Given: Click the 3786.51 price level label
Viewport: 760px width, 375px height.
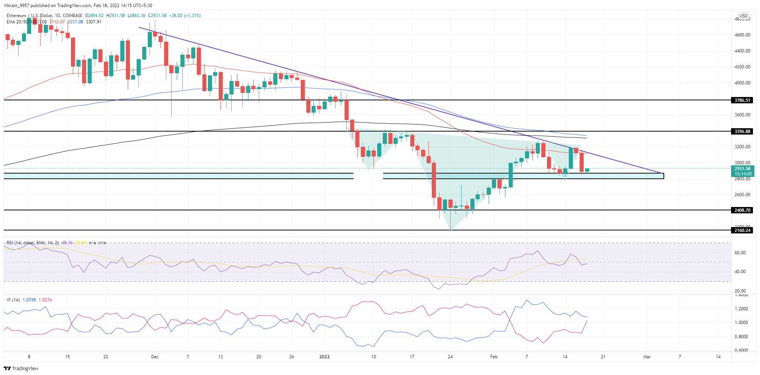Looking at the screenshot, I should click(x=742, y=100).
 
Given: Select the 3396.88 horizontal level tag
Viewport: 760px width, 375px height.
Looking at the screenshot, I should click(x=742, y=132).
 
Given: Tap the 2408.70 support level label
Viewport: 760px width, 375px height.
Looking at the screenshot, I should click(x=742, y=210).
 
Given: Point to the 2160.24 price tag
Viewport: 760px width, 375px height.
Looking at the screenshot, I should click(x=742, y=230).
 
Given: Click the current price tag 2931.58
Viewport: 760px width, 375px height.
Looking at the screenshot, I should click(x=742, y=169).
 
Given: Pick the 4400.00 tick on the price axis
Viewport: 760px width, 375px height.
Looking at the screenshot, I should click(x=743, y=51).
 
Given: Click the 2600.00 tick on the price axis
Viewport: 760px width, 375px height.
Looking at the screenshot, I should click(x=743, y=195).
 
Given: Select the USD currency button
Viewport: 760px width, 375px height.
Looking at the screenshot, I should click(x=743, y=16).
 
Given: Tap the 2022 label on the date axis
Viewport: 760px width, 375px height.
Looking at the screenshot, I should click(x=324, y=357).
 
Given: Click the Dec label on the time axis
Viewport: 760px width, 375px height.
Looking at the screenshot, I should click(x=155, y=357).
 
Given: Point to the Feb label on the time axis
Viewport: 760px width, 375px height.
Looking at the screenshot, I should click(x=494, y=357).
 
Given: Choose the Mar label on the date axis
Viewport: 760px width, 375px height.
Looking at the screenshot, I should click(x=647, y=357).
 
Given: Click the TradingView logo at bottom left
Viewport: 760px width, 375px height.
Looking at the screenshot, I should click(x=21, y=369).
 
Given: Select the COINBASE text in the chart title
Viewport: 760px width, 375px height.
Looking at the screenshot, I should click(x=72, y=16).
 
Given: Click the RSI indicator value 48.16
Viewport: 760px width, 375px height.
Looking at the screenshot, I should click(x=67, y=243).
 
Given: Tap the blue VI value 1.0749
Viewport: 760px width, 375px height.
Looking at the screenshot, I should click(x=29, y=300).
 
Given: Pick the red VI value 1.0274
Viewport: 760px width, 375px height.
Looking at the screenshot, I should click(x=45, y=300).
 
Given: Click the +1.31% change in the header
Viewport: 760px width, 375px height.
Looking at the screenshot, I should click(x=192, y=16).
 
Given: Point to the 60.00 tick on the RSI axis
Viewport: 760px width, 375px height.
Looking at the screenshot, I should click(x=740, y=253).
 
